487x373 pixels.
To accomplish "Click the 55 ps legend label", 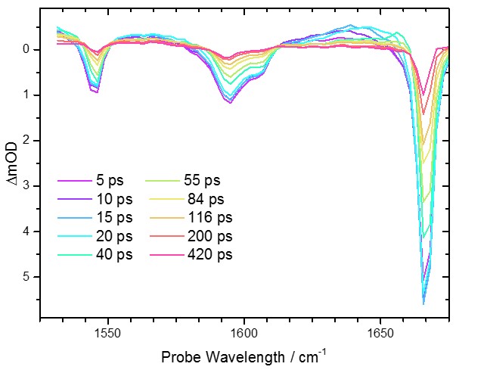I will tap(202, 181).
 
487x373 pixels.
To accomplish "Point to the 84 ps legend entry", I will tap(206, 199).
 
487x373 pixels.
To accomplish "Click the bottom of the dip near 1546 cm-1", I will tap(96, 92).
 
